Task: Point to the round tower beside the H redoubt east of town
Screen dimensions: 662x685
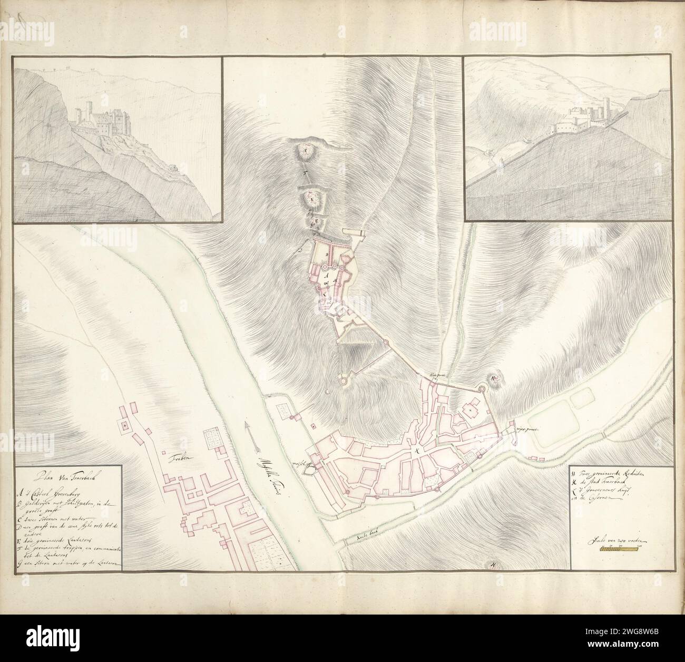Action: tap(481, 390)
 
